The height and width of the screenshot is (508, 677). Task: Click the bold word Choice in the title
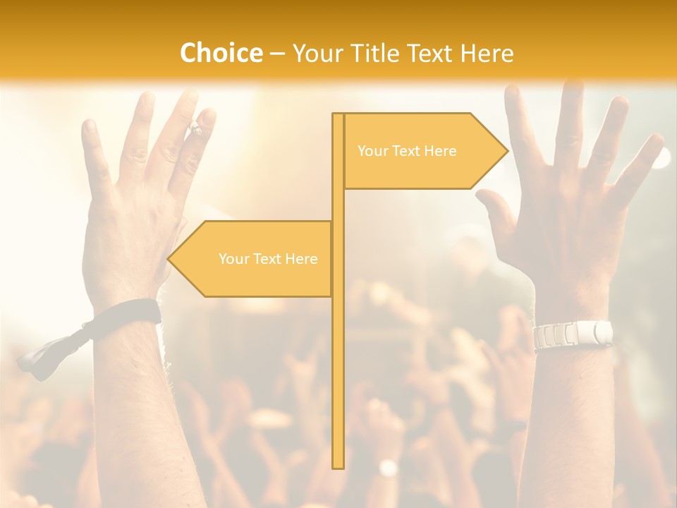tap(221, 53)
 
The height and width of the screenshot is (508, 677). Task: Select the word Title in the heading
tap(369, 54)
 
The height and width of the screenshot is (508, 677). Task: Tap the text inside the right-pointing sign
tap(407, 151)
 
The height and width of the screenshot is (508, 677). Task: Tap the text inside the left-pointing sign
tap(268, 259)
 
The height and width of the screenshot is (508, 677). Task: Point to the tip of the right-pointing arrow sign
tap(506, 150)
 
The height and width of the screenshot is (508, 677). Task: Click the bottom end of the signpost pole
tap(338, 466)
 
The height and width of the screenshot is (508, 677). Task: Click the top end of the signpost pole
tap(338, 115)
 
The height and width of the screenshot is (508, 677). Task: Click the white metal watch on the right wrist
tap(572, 334)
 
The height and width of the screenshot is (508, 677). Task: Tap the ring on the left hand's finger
tap(195, 128)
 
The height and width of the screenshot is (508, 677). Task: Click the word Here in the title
tap(487, 54)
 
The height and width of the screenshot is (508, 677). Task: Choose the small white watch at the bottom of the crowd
tap(387, 468)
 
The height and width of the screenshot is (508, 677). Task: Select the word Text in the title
tap(428, 54)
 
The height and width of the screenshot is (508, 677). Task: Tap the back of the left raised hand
tap(134, 226)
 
